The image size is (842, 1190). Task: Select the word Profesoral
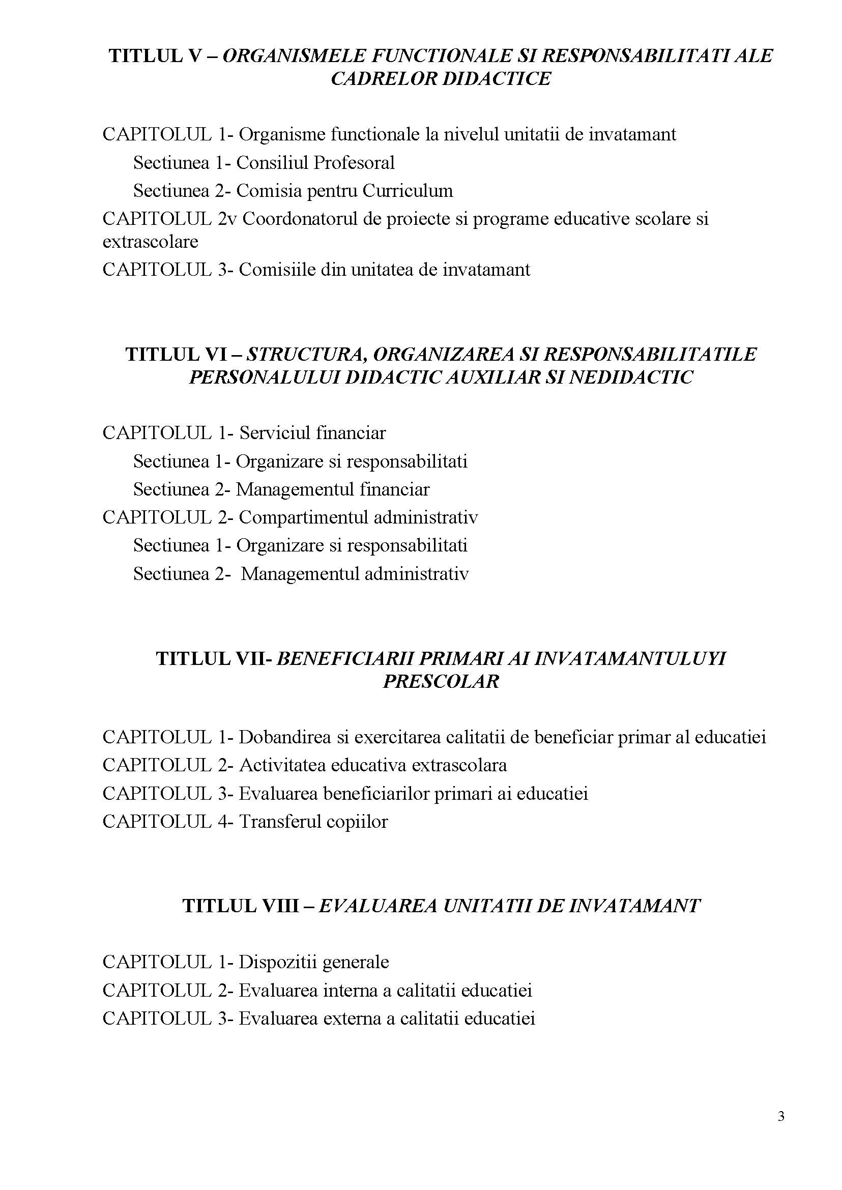(354, 163)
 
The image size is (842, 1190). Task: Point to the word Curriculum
(408, 191)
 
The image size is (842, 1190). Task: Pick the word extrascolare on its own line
(151, 242)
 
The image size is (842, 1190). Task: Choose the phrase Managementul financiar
(333, 489)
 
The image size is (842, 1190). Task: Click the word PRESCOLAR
(441, 681)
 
